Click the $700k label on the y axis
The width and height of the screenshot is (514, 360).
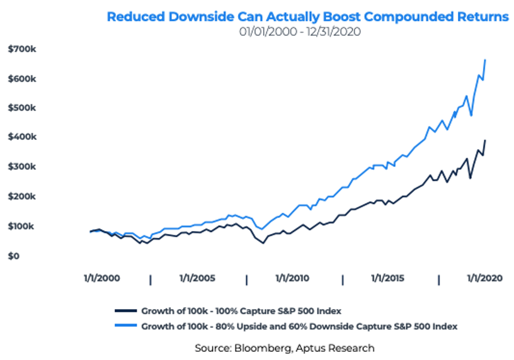tap(22, 49)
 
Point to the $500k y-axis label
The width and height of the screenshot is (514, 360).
tap(22, 108)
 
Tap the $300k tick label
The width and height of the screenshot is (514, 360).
tap(22, 167)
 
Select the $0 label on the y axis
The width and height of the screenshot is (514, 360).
tap(14, 256)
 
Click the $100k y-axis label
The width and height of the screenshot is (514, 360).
tap(22, 226)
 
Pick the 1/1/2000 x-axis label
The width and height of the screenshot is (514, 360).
tap(101, 278)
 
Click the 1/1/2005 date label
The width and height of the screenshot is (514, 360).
tap(198, 278)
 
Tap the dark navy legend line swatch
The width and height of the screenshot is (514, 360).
tap(125, 311)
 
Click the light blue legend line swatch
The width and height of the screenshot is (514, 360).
tap(125, 327)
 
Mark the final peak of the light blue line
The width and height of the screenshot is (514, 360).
tap(485, 60)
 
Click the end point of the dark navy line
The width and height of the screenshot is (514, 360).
tap(485, 140)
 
